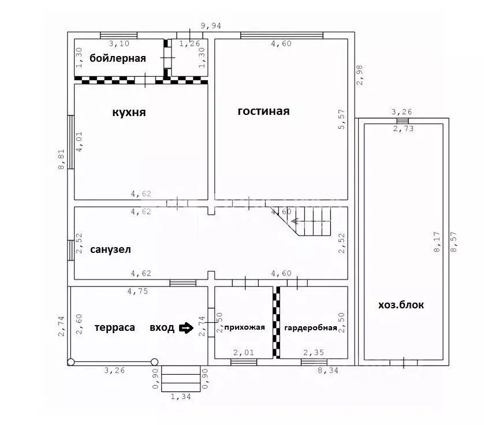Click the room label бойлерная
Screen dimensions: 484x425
(118, 58)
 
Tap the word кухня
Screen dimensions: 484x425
(129, 112)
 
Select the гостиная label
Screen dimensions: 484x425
(263, 111)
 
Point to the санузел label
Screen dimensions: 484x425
(110, 249)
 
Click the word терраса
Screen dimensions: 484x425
(115, 327)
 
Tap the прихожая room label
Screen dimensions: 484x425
(244, 327)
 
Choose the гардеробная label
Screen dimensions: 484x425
(311, 328)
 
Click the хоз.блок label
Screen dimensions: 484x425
(401, 305)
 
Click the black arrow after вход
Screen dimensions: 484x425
(187, 328)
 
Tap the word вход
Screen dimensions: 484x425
(162, 328)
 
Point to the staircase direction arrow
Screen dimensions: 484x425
(311, 221)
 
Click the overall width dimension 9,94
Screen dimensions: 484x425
(211, 26)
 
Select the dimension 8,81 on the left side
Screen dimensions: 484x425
(61, 159)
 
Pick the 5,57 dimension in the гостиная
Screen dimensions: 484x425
(342, 119)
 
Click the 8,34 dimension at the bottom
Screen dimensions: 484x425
(328, 370)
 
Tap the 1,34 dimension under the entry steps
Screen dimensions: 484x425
(181, 397)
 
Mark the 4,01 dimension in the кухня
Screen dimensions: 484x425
(79, 141)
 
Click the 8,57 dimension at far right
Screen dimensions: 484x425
(453, 242)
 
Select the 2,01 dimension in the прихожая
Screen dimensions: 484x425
(244, 352)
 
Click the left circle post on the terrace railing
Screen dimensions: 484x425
(71, 362)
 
